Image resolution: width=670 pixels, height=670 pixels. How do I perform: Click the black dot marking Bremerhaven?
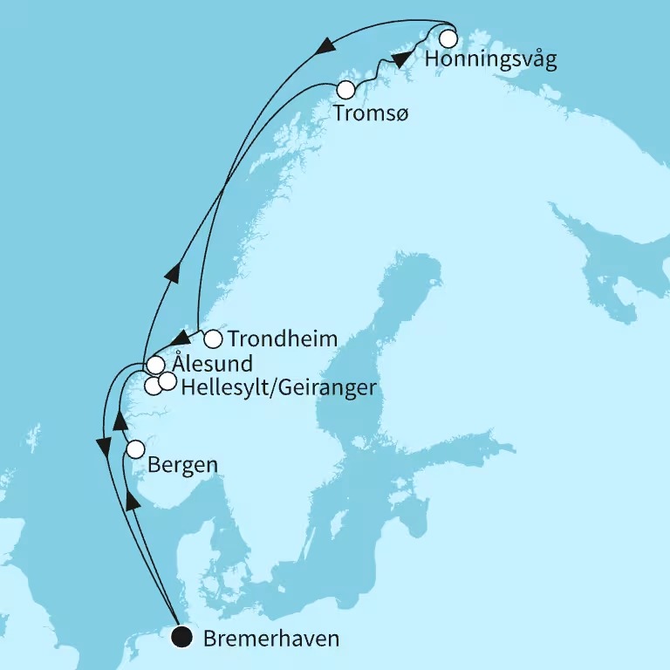[182, 637]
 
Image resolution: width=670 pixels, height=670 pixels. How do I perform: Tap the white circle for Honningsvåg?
[448, 38]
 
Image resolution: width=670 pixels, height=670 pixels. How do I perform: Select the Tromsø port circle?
[346, 89]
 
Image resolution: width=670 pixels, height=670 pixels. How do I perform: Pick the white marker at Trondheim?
[212, 338]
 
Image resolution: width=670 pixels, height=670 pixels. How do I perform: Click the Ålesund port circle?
[155, 365]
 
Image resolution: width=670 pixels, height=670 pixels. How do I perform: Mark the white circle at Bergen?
[135, 450]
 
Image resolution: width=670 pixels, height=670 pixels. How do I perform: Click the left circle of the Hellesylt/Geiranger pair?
[153, 386]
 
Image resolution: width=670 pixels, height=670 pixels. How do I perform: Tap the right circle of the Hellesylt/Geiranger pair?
[167, 381]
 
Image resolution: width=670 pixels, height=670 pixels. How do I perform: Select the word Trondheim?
[282, 338]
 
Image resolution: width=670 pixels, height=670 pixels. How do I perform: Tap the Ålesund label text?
[212, 364]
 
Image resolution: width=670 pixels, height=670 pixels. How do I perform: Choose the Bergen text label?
[182, 465]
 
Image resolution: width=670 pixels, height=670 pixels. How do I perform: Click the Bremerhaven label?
[270, 639]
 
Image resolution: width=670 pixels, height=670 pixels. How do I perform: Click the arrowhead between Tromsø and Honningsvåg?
[400, 59]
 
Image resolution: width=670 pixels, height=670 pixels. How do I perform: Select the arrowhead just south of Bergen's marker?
[133, 499]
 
